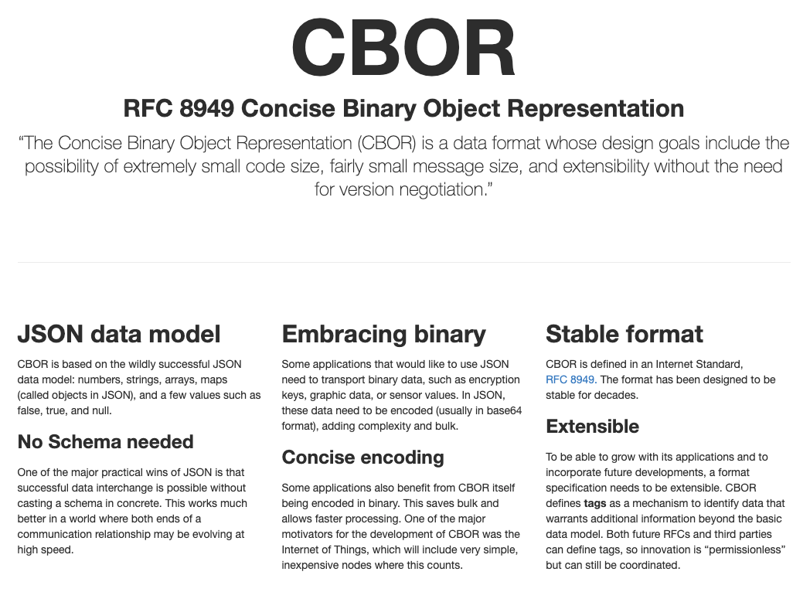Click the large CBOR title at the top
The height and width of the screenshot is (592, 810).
[x=403, y=47]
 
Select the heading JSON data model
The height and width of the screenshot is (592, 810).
[x=119, y=334]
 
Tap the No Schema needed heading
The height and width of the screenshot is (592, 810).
[x=105, y=441]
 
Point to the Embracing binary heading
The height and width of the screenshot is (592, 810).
[x=384, y=335]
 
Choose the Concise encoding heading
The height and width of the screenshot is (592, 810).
[x=362, y=458]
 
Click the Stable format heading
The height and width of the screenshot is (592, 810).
[x=625, y=334]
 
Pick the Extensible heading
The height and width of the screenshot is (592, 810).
[x=593, y=426]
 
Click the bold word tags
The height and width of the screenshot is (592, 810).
[x=595, y=504]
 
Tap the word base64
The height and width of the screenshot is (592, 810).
[x=505, y=410]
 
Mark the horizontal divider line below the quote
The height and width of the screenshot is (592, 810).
[x=404, y=263]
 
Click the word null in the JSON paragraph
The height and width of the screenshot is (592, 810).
[x=102, y=410]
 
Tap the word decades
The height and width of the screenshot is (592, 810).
[x=619, y=395]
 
